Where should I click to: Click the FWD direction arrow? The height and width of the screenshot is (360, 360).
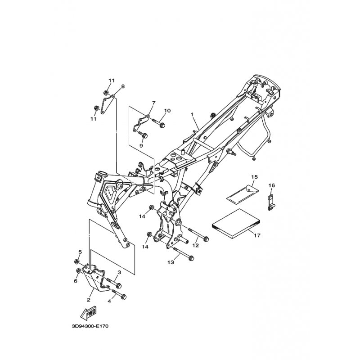(89, 313)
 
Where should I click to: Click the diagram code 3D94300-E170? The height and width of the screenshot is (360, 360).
(90, 326)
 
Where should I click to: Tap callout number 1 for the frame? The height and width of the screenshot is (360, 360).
(192, 114)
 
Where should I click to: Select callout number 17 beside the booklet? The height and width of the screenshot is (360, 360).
(257, 235)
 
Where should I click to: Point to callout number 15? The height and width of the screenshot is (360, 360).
(254, 177)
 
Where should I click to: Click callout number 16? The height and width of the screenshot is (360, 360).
(272, 185)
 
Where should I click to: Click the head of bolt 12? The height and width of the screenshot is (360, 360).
(206, 239)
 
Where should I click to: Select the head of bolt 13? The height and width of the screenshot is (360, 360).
(191, 258)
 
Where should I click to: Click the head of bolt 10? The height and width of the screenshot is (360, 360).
(162, 126)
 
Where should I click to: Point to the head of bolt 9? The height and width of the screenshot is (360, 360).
(145, 136)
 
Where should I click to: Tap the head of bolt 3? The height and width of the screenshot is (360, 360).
(118, 286)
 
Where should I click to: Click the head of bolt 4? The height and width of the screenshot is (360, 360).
(123, 297)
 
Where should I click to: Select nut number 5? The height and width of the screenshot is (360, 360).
(77, 261)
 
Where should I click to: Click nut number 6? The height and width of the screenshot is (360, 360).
(78, 271)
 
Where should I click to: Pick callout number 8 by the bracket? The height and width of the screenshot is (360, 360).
(123, 86)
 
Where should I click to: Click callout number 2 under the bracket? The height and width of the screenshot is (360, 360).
(88, 300)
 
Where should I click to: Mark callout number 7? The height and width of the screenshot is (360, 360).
(153, 103)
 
